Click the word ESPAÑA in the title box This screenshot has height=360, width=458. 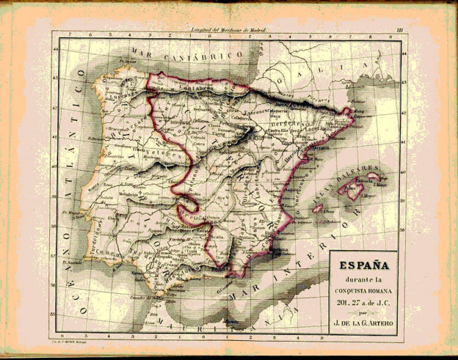click(x=368, y=262)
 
